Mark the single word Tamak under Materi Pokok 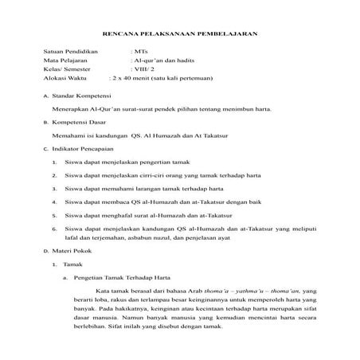73,264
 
